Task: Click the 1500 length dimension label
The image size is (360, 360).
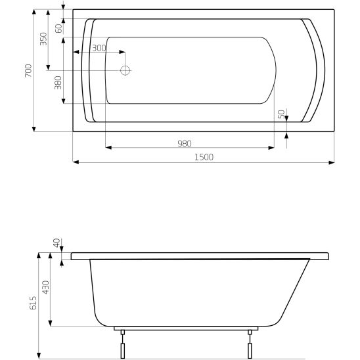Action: pos(204,156)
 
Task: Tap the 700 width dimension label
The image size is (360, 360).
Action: pos(28,70)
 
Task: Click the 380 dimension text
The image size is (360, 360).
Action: pos(58,83)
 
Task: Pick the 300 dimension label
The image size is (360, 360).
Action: pos(99,48)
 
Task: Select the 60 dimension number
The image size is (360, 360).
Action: pos(58,28)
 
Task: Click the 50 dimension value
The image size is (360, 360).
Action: pos(281,114)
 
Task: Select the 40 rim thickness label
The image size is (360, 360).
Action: pos(57,244)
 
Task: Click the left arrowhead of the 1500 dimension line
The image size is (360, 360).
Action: pos(75,162)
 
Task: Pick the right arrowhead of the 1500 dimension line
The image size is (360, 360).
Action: pos(333,162)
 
